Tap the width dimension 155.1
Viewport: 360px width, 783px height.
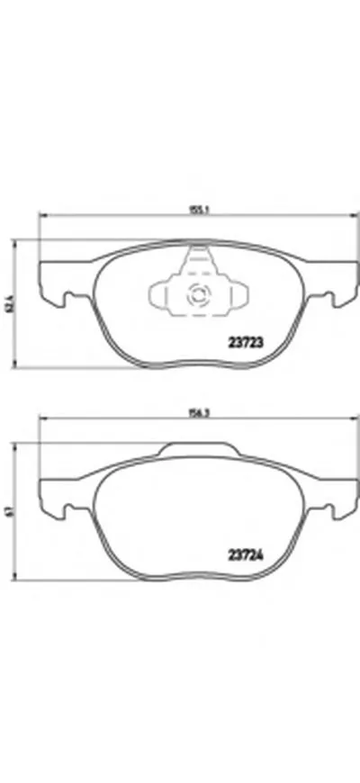pos(192,209)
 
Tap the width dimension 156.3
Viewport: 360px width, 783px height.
pos(192,416)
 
